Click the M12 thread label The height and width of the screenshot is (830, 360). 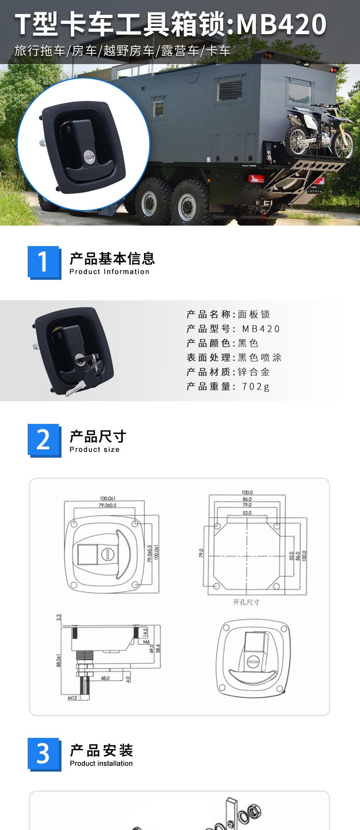coord(72,697)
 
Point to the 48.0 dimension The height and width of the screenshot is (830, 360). coord(105,678)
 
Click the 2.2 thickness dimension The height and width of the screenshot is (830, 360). coord(59,617)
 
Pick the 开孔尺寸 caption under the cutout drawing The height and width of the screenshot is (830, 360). coord(246,602)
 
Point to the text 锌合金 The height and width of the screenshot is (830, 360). coord(254,372)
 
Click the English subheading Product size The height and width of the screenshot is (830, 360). coord(95,450)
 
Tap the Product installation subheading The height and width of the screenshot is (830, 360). coord(101,763)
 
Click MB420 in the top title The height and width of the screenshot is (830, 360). coord(281,24)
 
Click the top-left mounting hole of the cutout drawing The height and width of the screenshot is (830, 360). coord(217,526)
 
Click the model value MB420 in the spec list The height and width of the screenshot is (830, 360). coord(261,329)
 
